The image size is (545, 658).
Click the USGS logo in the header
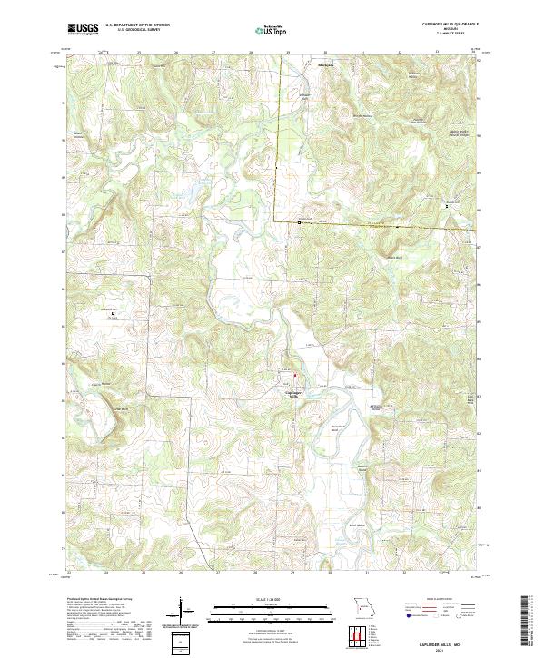pos(83,30)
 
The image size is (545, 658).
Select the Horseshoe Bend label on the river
pos(339,427)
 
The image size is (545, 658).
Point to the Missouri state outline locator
pos(363,605)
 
